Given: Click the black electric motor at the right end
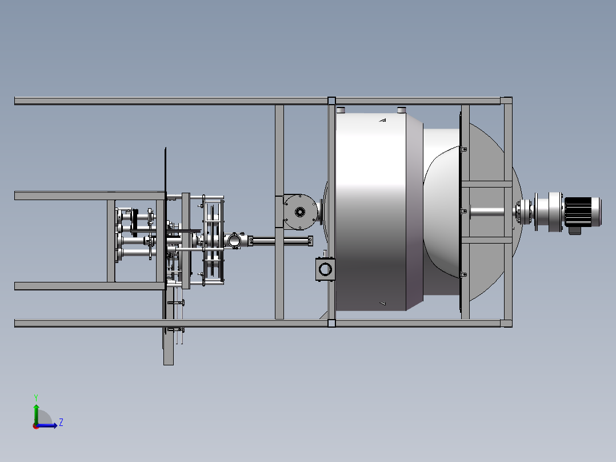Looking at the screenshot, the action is coord(583,212).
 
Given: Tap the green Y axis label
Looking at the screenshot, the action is coord(36,397).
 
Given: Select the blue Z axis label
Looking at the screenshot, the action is coord(61,423).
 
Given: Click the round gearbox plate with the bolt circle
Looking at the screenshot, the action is coord(300,212).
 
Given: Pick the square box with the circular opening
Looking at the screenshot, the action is coord(325,269).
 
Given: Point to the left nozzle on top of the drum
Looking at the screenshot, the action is coord(341,110).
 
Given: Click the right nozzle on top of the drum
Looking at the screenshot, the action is coord(401,110).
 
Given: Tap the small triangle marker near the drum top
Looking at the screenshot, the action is coord(383,120).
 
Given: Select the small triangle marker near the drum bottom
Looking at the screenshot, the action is coord(383,304).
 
